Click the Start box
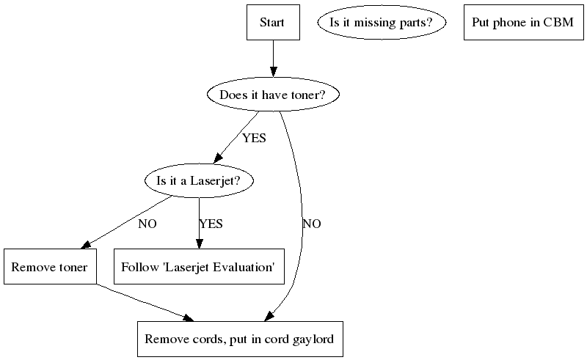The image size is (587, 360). click(x=272, y=22)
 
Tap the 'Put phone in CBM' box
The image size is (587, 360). click(x=523, y=22)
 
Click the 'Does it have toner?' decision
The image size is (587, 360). click(x=272, y=95)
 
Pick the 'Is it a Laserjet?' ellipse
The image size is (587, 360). click(x=199, y=181)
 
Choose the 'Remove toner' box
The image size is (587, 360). click(x=50, y=267)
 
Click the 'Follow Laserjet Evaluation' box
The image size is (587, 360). click(x=198, y=267)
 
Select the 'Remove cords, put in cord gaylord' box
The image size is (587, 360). click(x=239, y=339)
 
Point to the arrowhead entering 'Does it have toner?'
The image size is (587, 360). click(x=273, y=72)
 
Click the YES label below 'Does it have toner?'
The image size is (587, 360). click(x=254, y=138)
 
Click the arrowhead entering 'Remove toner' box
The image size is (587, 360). click(x=87, y=245)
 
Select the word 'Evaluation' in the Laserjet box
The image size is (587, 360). click(x=246, y=267)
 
